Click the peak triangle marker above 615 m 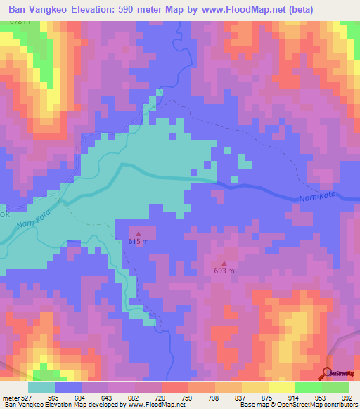139,234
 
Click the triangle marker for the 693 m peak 224,263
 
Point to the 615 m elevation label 139,242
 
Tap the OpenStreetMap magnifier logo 327,372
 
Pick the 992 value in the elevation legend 348,397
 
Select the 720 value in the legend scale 161,397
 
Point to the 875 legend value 268,397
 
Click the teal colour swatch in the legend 41,387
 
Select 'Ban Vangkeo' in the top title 39,7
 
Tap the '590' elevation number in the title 131,7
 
